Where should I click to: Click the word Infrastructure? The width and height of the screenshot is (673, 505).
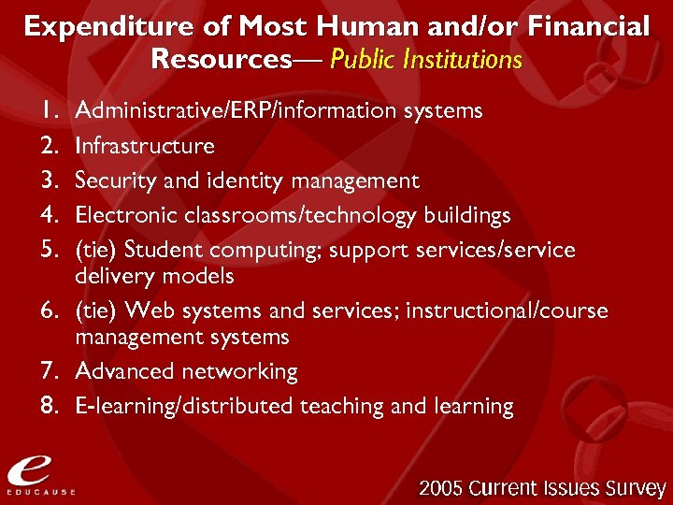coord(145,146)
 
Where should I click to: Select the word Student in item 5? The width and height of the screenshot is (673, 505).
coord(164,251)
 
